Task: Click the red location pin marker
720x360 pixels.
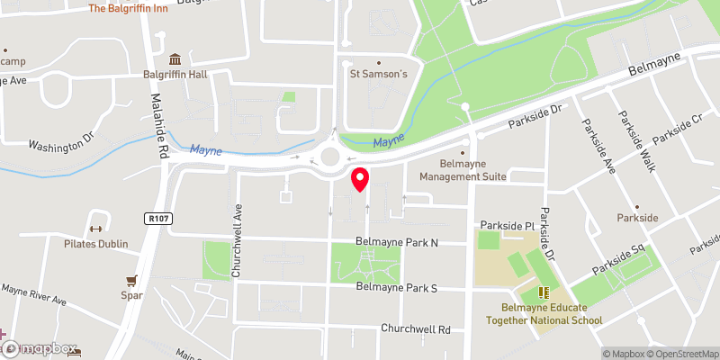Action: (x=359, y=179)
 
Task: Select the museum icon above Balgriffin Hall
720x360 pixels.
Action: (x=173, y=58)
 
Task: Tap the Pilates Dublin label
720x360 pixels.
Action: (x=95, y=244)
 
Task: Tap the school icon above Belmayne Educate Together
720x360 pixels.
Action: (x=543, y=292)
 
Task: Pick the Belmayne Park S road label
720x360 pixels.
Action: (x=396, y=288)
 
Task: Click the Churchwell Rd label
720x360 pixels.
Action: (x=415, y=329)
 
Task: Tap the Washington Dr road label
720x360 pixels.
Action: (x=60, y=144)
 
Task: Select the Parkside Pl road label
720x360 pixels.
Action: (x=508, y=224)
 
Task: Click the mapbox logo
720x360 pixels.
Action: (x=41, y=348)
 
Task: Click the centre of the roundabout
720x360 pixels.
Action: (x=329, y=157)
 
